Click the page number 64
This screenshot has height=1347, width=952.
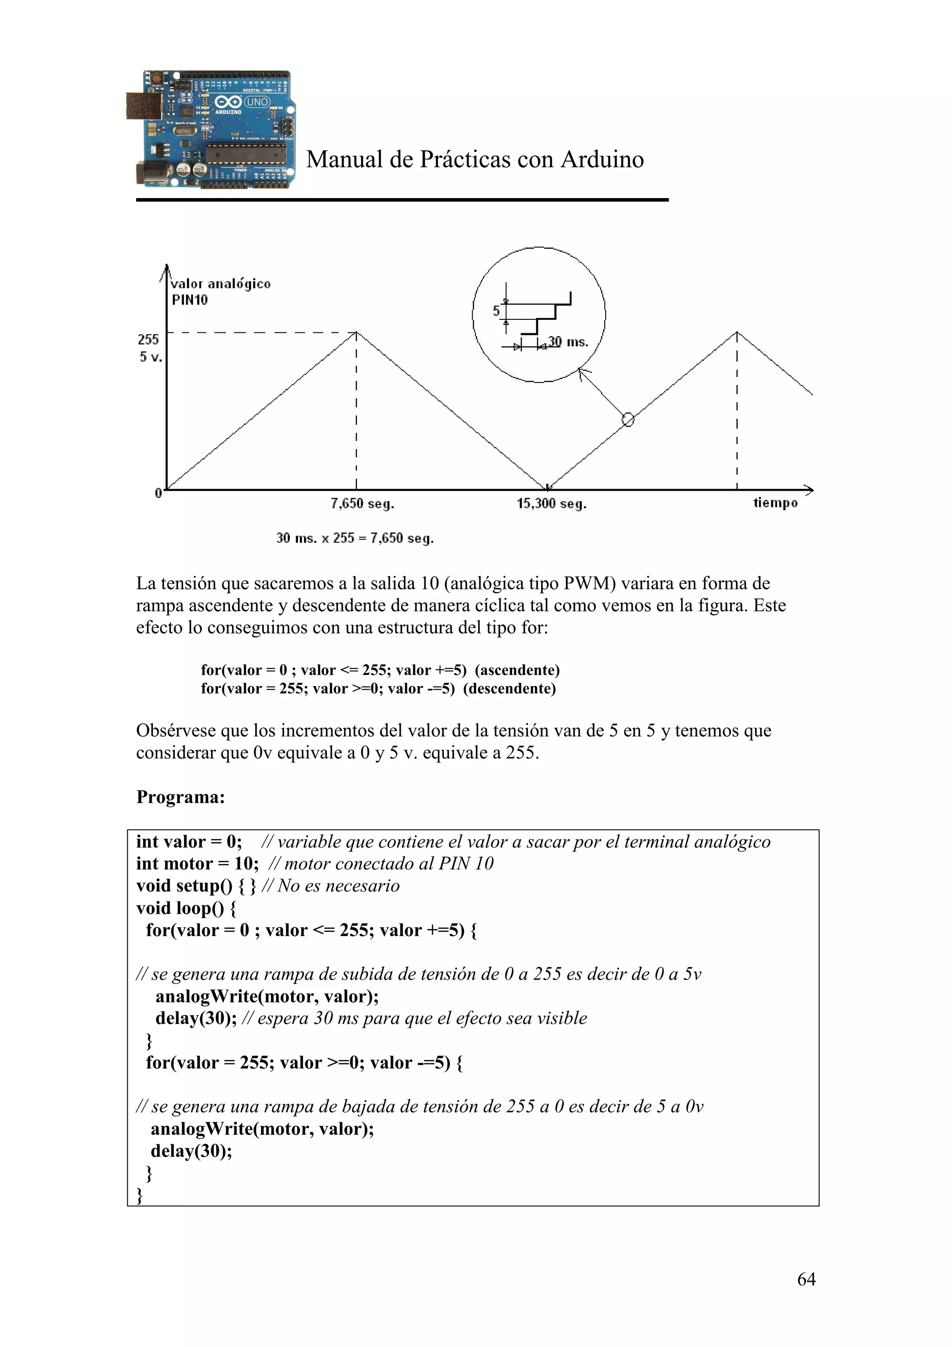(x=806, y=1279)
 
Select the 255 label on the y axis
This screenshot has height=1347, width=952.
(x=148, y=339)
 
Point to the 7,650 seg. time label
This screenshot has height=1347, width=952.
(x=362, y=503)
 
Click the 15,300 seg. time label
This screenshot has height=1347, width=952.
(x=551, y=503)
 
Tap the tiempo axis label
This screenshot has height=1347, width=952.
(x=775, y=503)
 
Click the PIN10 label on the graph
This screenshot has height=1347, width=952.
(x=190, y=300)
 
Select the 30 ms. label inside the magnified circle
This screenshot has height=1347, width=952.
(x=568, y=342)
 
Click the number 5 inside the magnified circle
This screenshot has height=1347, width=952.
(x=496, y=311)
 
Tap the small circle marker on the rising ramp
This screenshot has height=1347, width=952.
(x=628, y=419)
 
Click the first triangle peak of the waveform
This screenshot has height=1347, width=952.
(x=356, y=333)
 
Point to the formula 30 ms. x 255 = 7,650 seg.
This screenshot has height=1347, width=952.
(x=355, y=538)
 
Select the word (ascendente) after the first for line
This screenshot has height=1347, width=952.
(x=517, y=670)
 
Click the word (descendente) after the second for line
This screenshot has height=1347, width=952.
(x=509, y=688)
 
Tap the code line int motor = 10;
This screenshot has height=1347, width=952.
(x=197, y=864)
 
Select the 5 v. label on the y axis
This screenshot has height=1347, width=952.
(x=150, y=357)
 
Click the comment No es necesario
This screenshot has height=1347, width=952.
(x=338, y=886)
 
